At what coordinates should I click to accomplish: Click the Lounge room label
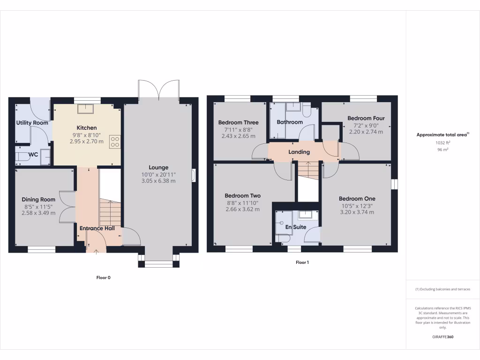[158, 167]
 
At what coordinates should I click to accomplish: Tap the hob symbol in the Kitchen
[114, 142]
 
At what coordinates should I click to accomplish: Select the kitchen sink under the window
[87, 109]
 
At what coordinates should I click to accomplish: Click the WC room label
[33, 154]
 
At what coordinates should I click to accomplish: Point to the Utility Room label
[32, 123]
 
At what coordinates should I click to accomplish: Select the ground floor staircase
[111, 213]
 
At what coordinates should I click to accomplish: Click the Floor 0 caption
[103, 277]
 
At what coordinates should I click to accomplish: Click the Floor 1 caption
[302, 262]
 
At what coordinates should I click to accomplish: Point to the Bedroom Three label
[238, 123]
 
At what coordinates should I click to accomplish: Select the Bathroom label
[290, 122]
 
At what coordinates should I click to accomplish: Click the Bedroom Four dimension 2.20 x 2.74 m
[366, 132]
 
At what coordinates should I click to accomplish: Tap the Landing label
[299, 152]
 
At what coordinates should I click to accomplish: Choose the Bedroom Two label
[242, 196]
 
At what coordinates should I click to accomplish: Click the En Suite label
[296, 227]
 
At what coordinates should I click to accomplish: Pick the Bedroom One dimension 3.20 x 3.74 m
[357, 212]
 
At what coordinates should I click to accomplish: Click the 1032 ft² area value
[443, 142]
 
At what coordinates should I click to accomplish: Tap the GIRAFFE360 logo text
[443, 337]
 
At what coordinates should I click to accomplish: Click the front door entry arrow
[96, 252]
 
